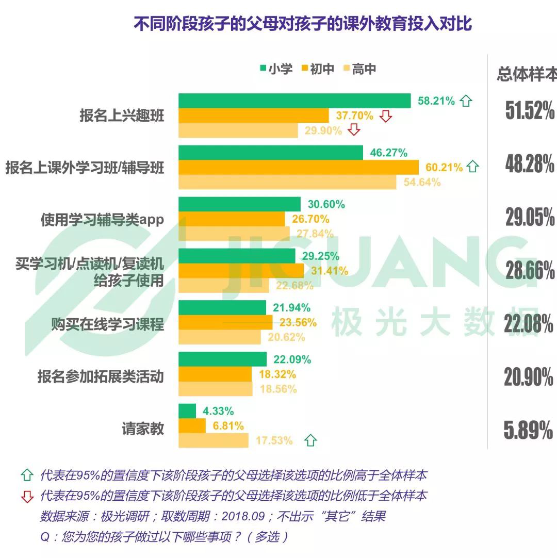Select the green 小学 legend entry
click(276, 69)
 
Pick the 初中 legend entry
click(318, 69)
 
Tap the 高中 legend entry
click(360, 69)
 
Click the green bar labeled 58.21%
click(294, 101)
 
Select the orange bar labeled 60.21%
click(298, 167)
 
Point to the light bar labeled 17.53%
click(213, 440)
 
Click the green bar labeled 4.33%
click(187, 411)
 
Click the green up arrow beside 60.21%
click(472, 167)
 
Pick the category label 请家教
click(143, 428)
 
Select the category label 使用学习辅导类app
click(102, 220)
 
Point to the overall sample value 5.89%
click(528, 430)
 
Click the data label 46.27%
click(388, 153)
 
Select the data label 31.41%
click(329, 270)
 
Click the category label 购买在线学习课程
click(107, 324)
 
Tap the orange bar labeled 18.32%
click(215, 374)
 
